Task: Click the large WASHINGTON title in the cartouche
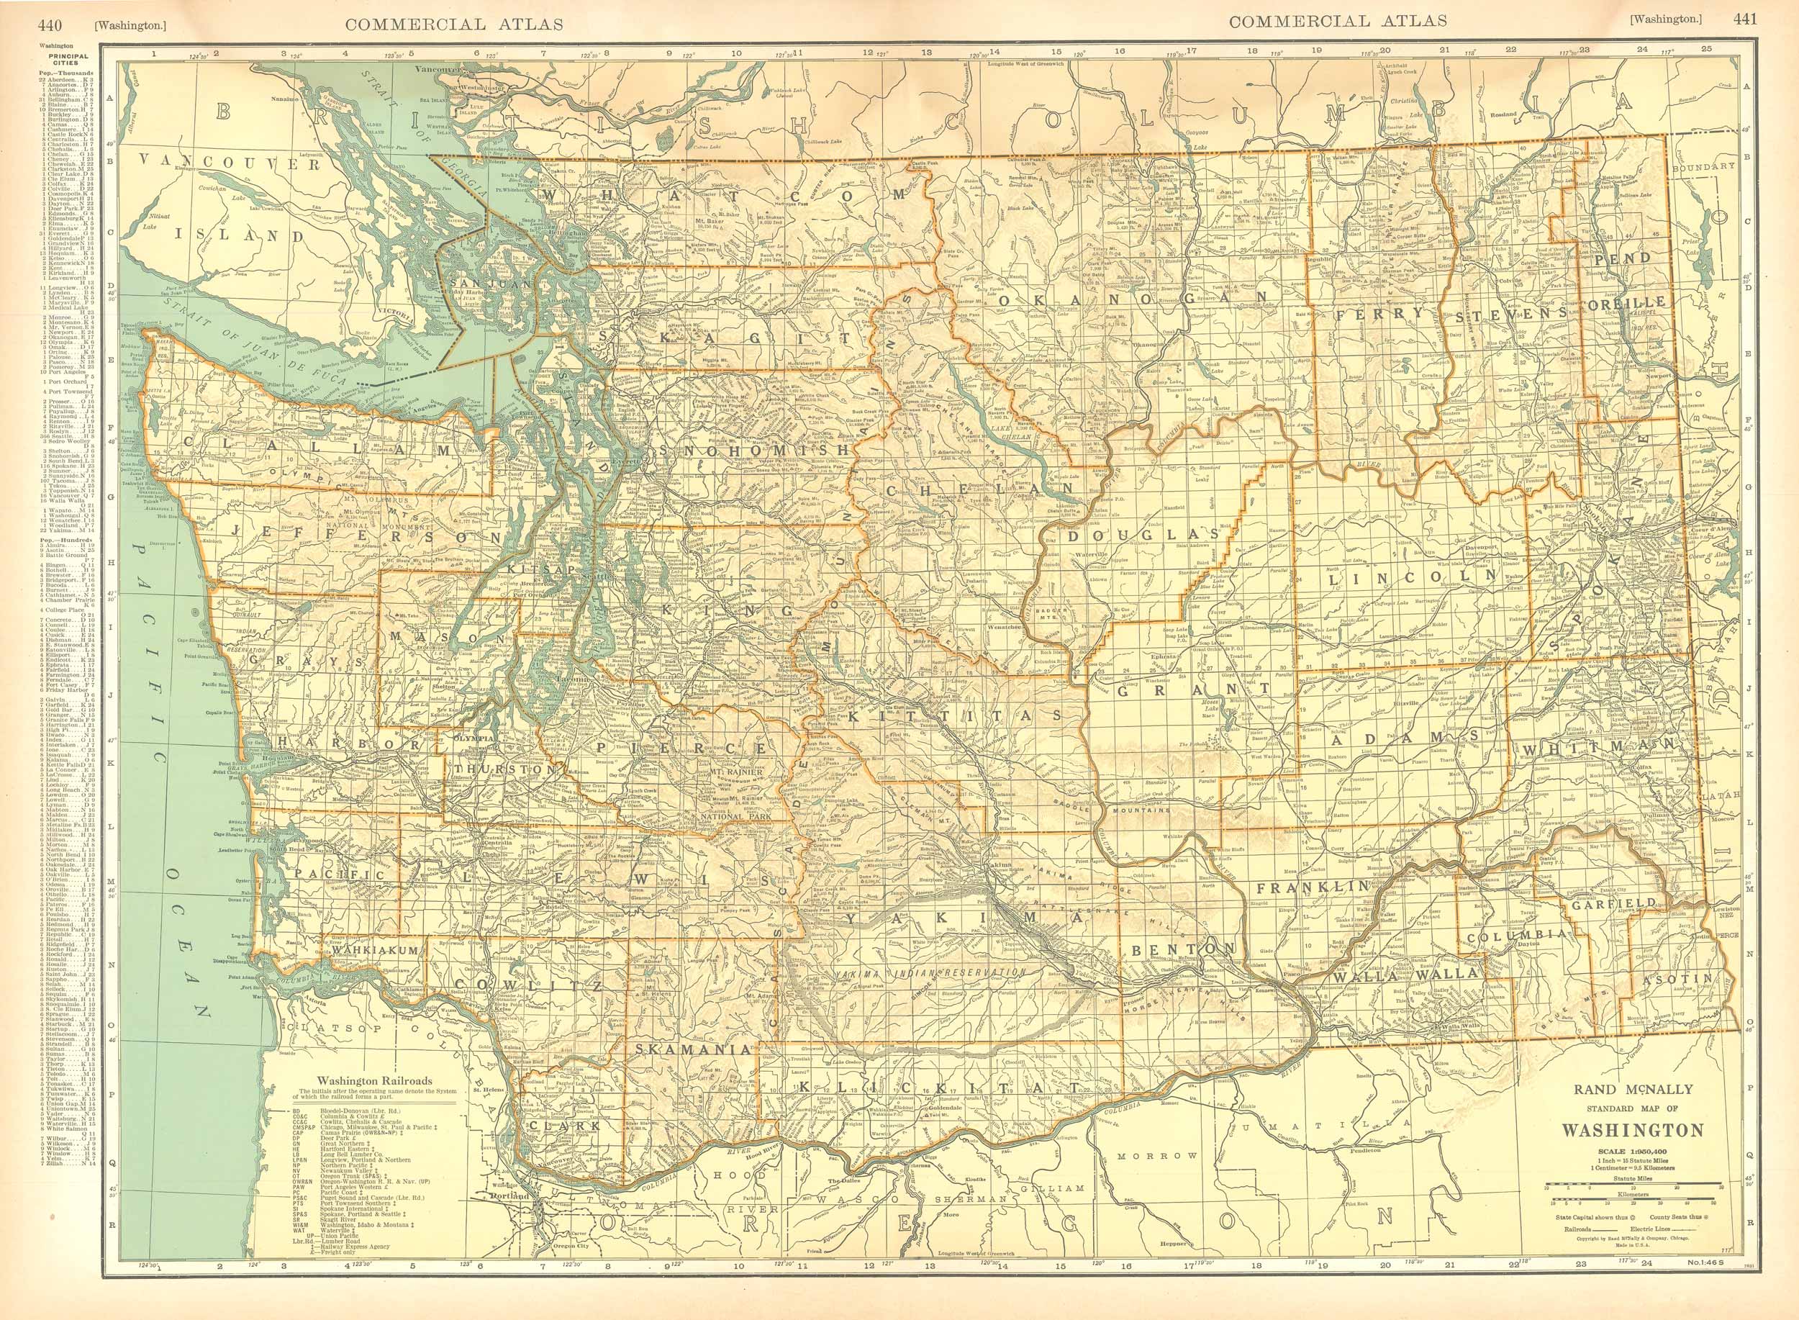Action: (1632, 1131)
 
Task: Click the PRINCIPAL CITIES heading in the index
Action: (68, 60)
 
